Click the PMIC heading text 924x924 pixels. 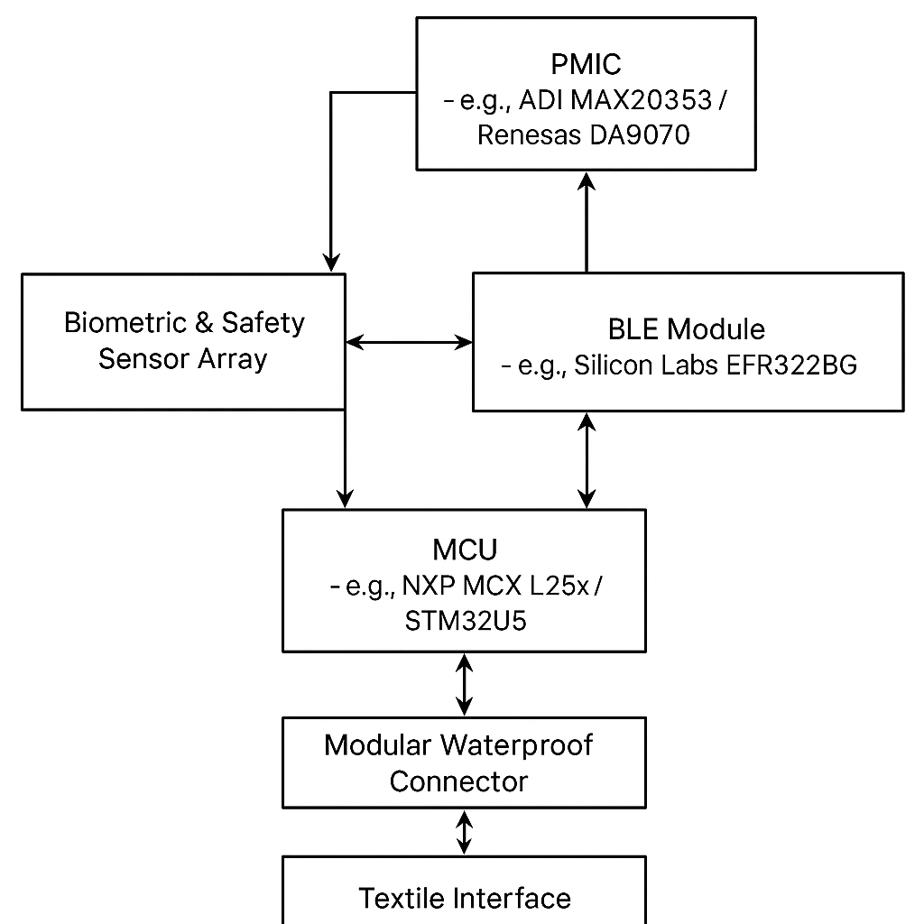pos(586,64)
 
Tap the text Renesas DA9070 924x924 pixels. pos(583,135)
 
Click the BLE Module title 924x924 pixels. pos(686,328)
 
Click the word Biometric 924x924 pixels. pos(125,323)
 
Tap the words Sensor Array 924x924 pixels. pos(183,359)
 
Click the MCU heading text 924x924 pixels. pos(465,550)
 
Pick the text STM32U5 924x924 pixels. pos(465,621)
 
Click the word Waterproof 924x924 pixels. pos(517,745)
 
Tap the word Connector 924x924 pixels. pos(458,781)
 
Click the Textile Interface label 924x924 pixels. pos(465,898)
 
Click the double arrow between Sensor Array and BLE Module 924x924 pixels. pos(409,342)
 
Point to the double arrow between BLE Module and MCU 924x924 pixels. pos(587,460)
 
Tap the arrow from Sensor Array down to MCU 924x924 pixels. pos(345,460)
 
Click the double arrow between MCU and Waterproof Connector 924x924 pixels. pos(465,684)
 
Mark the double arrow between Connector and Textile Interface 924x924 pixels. pos(465,832)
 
